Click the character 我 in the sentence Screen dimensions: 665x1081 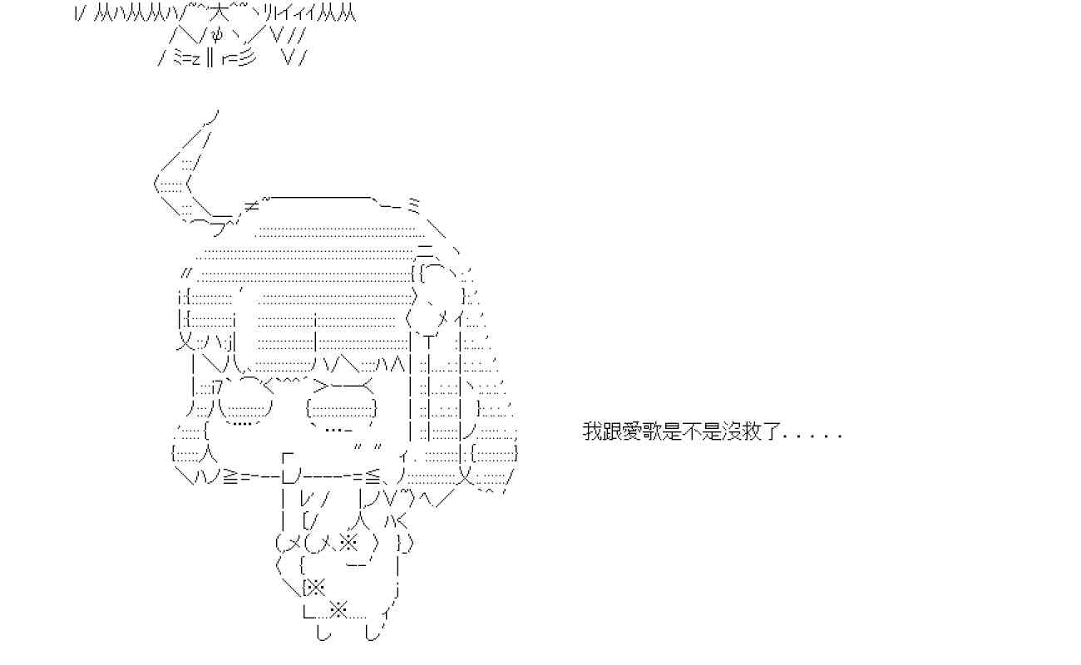592,432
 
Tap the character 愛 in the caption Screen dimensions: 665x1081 629,432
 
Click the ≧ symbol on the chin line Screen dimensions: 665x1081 230,475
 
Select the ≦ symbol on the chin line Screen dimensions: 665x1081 372,475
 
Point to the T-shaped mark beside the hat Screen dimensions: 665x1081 430,341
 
